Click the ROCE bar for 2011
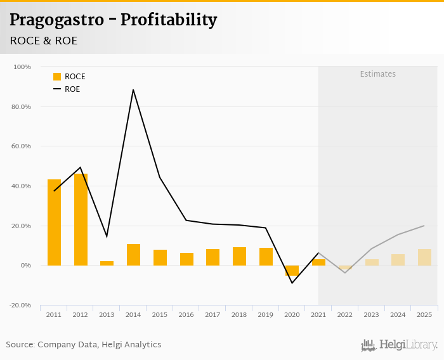(x=54, y=222)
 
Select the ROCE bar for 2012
(x=81, y=219)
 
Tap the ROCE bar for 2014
(x=133, y=255)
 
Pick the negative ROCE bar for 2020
(x=292, y=271)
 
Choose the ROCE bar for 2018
(x=239, y=256)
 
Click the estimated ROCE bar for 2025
(x=424, y=257)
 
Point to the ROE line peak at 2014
(x=133, y=90)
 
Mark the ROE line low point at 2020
(x=292, y=283)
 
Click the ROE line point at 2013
(x=107, y=236)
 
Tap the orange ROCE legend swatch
(x=57, y=77)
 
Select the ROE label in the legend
(x=72, y=89)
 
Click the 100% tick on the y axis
(x=22, y=67)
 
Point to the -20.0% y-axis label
(x=21, y=305)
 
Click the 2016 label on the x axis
(x=186, y=315)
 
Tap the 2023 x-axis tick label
(x=371, y=315)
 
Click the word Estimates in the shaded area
(x=377, y=74)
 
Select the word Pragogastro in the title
(x=55, y=20)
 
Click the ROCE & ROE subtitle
(x=43, y=41)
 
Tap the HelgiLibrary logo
(x=400, y=345)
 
